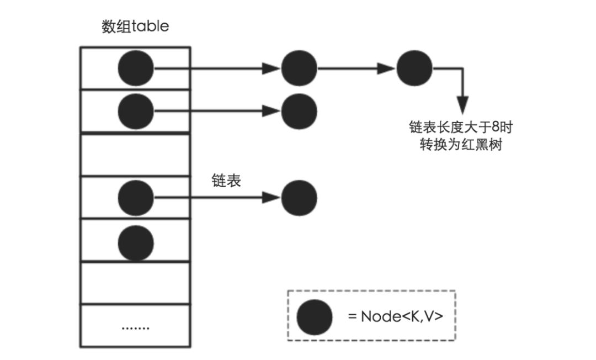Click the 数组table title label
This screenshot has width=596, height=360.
[135, 27]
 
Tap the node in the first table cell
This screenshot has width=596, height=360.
[136, 68]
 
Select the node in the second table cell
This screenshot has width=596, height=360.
[136, 112]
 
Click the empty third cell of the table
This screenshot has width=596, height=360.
[135, 155]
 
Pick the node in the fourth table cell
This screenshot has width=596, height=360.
[136, 198]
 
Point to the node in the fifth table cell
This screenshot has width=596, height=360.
[136, 243]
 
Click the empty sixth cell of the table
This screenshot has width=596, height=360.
[135, 283]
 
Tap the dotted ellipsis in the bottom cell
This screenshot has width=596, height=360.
[136, 327]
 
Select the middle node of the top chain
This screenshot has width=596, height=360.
[299, 68]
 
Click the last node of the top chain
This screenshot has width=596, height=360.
[414, 68]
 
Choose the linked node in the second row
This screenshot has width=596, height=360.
[299, 112]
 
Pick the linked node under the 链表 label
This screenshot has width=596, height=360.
[299, 198]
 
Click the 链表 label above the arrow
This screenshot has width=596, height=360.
[226, 180]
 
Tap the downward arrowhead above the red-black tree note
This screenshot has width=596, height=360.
[462, 105]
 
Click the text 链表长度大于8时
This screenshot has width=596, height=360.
[461, 127]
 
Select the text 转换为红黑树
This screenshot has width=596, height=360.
[461, 145]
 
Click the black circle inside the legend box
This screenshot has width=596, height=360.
[315, 317]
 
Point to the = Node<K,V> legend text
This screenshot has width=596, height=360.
[395, 316]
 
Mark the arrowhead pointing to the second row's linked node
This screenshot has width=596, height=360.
[272, 112]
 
